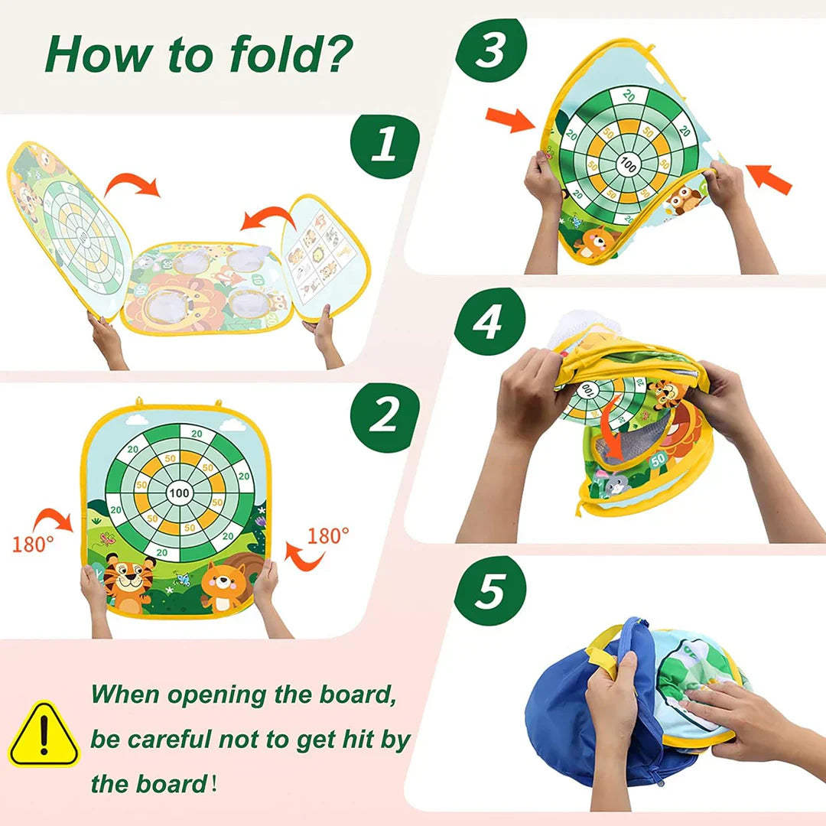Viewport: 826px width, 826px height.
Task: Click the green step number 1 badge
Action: pyautogui.click(x=385, y=145)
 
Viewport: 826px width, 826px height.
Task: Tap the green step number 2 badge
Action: pyautogui.click(x=385, y=417)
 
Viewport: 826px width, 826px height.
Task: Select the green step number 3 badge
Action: pyautogui.click(x=491, y=50)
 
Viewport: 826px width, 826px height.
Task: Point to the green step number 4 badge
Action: pyautogui.click(x=490, y=322)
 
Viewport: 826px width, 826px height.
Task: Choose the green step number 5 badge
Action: pyautogui.click(x=490, y=590)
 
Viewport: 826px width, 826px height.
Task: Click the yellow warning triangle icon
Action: pyautogui.click(x=44, y=733)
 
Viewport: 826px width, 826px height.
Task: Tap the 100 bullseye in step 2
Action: pyautogui.click(x=179, y=493)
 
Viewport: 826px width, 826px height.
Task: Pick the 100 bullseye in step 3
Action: pyautogui.click(x=628, y=164)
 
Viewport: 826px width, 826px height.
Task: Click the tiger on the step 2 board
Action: pyautogui.click(x=128, y=582)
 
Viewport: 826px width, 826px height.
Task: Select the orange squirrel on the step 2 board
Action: pyautogui.click(x=226, y=585)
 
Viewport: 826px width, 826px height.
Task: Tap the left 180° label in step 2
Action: pyautogui.click(x=33, y=544)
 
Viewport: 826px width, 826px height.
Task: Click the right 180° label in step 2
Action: pyautogui.click(x=327, y=536)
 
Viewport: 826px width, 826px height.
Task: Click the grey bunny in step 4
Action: pyautogui.click(x=613, y=483)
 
